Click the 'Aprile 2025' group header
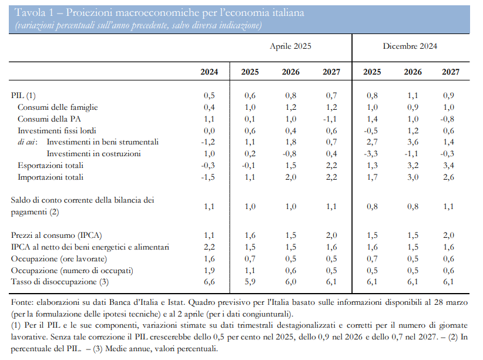click(290, 46)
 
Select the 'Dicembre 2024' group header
click(410, 46)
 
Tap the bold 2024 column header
click(209, 72)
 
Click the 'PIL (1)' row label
click(24, 96)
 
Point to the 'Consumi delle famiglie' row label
click(58, 107)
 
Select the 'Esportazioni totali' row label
click(51, 166)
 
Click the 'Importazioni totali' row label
click(51, 177)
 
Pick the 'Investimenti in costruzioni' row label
click(93, 154)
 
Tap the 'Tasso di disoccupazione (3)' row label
click(60, 282)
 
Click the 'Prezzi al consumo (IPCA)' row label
click(56, 235)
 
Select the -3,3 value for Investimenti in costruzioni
click(371, 154)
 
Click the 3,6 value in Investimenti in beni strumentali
click(412, 142)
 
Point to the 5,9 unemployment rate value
click(250, 282)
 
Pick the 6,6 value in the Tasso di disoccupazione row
click(209, 282)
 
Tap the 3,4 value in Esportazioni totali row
click(448, 166)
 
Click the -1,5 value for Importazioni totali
click(208, 177)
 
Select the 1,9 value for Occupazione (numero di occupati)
click(209, 270)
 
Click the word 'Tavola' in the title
click(29, 12)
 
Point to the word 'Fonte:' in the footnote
click(21, 302)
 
